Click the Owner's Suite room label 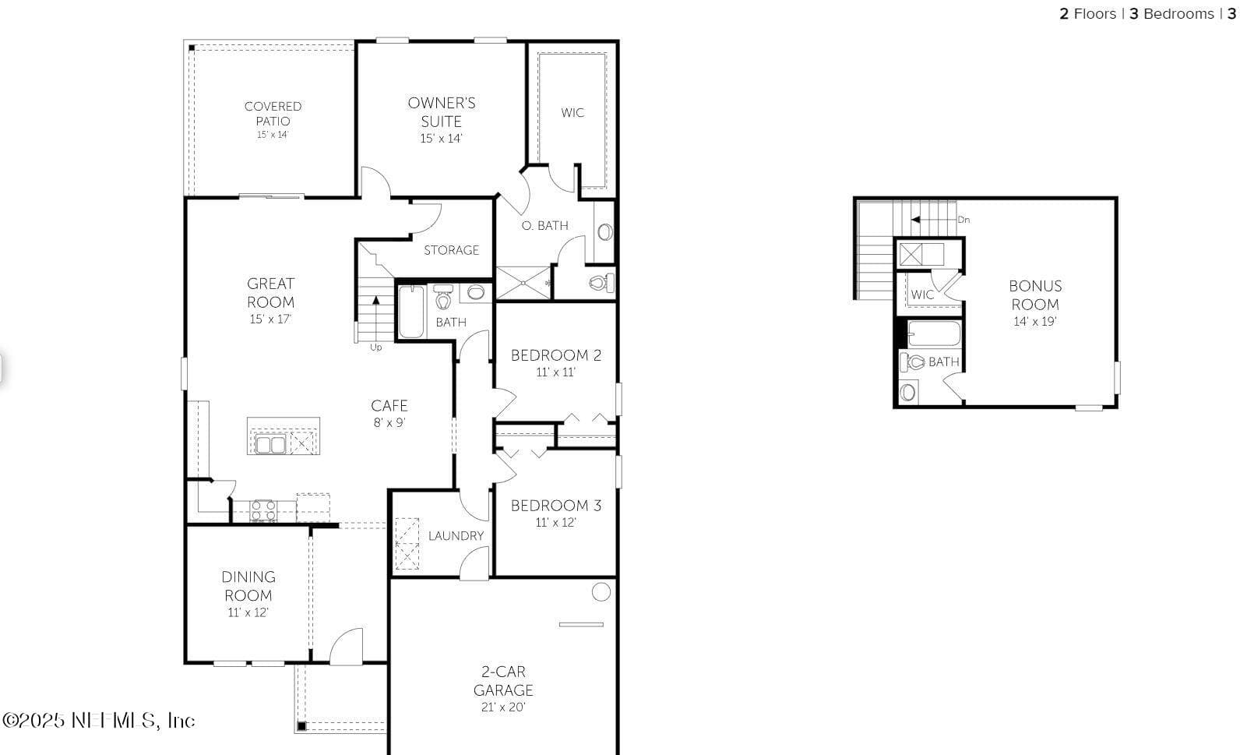441,112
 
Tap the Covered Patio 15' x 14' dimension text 273,135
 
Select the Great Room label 271,292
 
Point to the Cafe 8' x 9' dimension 389,422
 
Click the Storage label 451,250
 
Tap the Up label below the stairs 376,348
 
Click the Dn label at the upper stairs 963,220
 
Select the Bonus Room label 1035,295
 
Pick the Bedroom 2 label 556,355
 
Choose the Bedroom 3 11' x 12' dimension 556,522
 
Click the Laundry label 456,535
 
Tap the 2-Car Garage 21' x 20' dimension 503,707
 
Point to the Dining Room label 248,586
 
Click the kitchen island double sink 271,444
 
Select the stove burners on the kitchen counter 263,510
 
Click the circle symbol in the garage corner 601,591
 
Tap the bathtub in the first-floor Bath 411,312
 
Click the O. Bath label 544,225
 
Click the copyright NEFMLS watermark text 99,721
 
